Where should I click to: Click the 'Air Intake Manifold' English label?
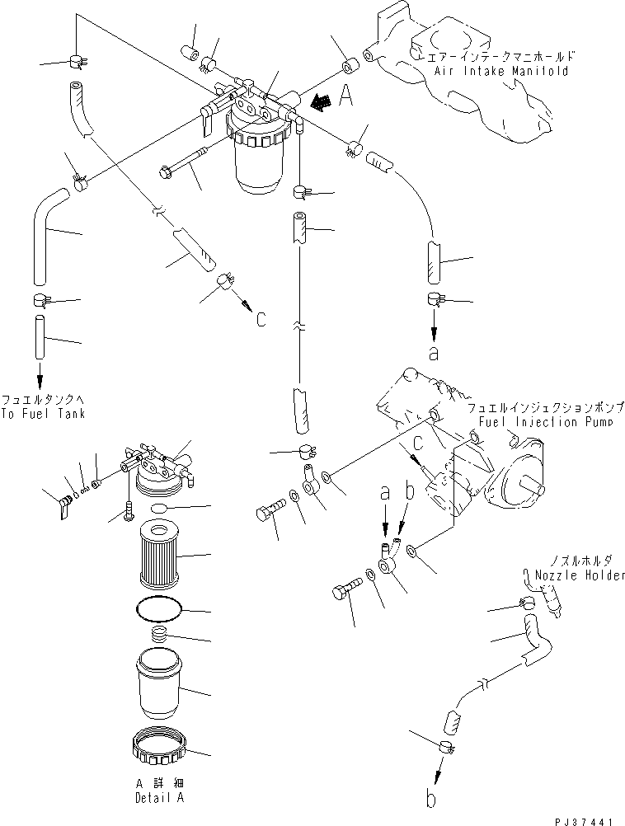tap(500, 71)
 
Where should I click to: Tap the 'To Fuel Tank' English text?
tap(43, 413)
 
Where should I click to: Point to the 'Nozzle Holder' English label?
tap(574, 575)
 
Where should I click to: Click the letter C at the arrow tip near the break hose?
tap(261, 319)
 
